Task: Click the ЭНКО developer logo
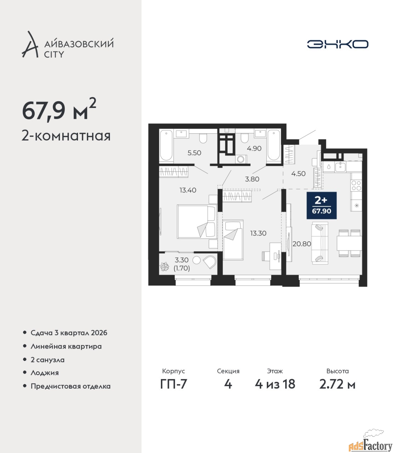(337, 44)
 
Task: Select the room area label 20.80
(302, 244)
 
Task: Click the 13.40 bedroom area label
(188, 190)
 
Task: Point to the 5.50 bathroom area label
(194, 153)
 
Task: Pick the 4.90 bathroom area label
(254, 148)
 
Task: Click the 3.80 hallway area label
(252, 179)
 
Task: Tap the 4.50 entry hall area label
(298, 173)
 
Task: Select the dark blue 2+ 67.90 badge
(321, 205)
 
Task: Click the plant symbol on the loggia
(164, 266)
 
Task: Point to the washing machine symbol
(241, 159)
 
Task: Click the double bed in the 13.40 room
(197, 221)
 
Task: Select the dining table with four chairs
(349, 243)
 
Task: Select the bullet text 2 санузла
(47, 360)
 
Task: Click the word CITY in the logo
(54, 55)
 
